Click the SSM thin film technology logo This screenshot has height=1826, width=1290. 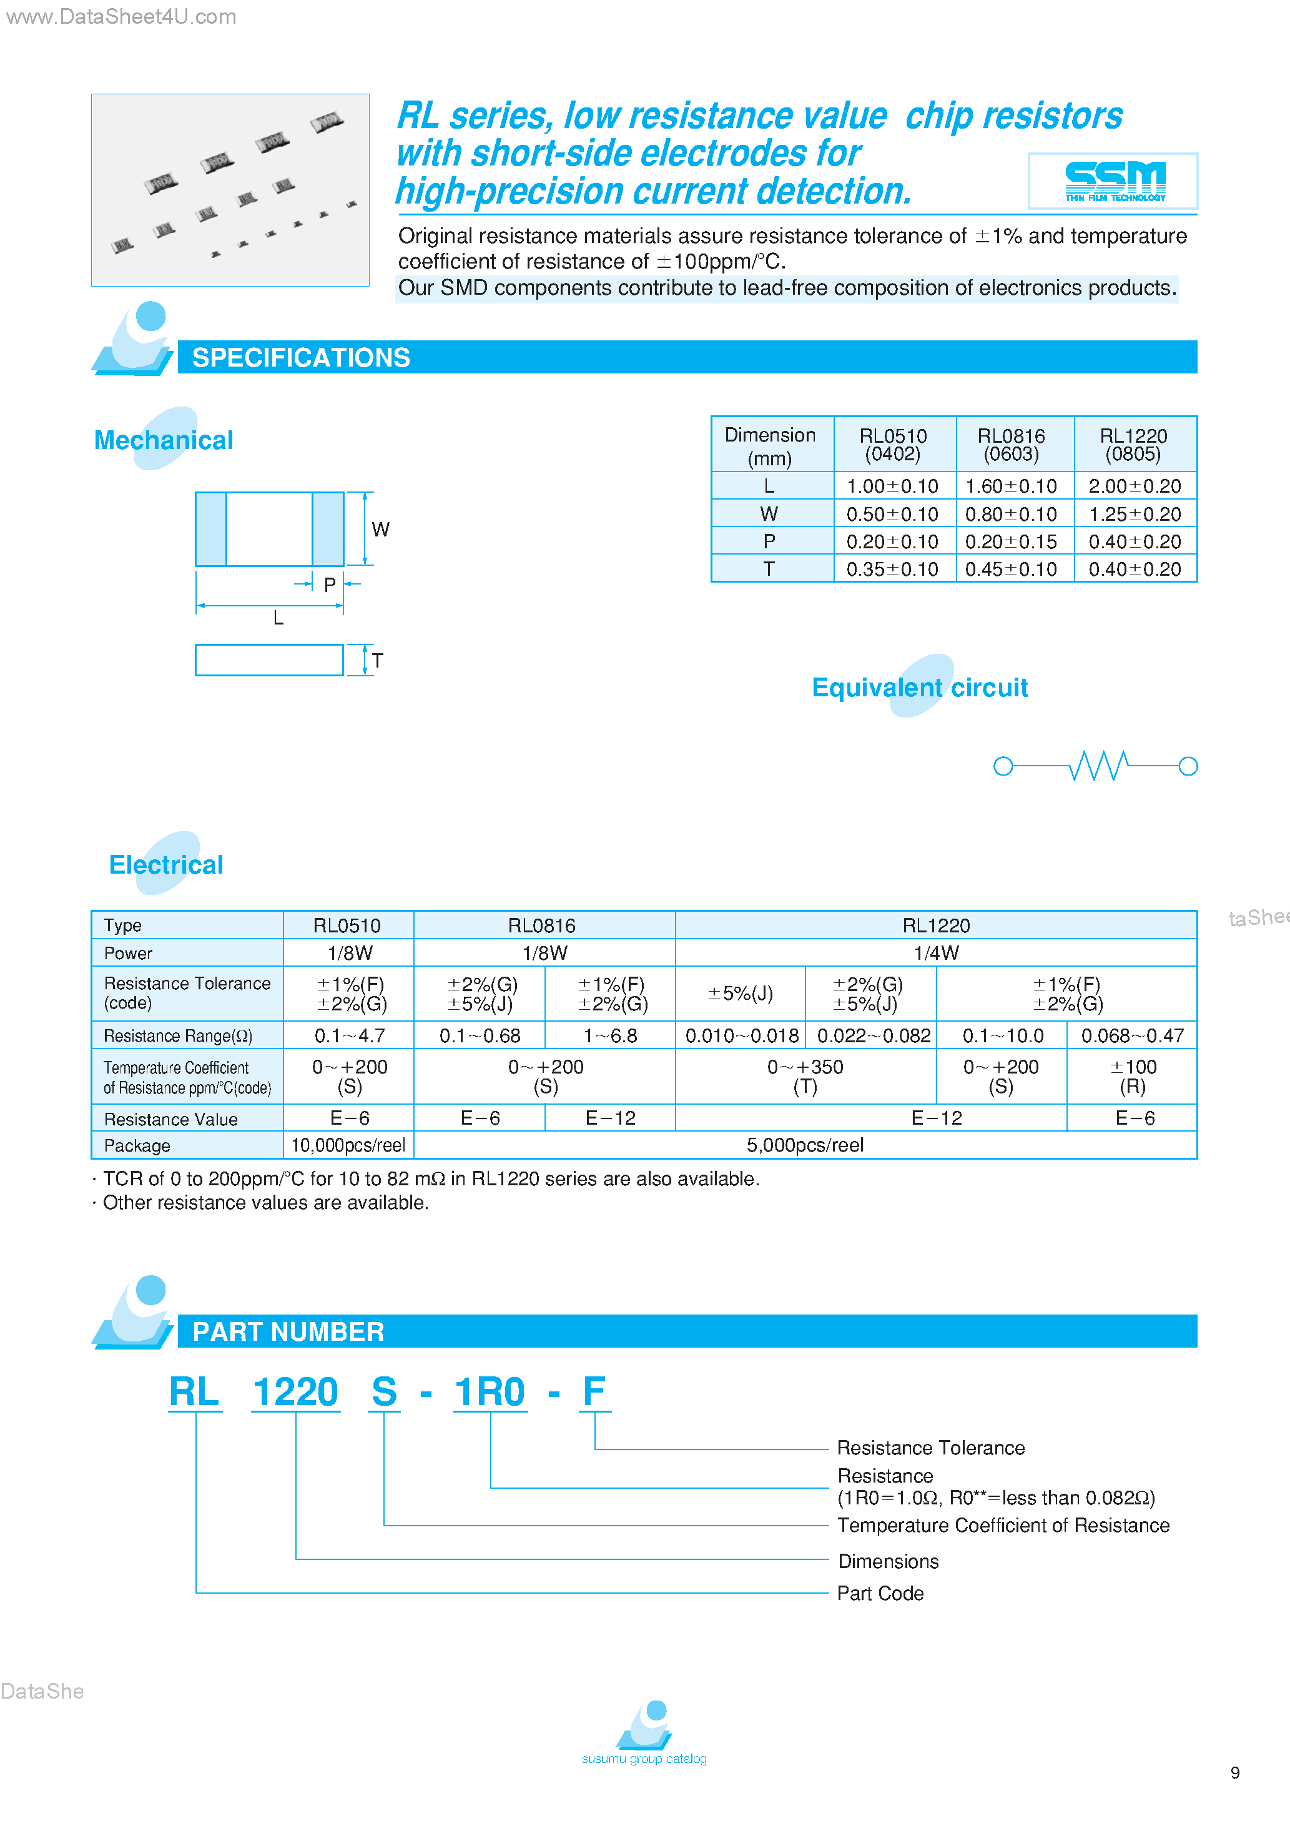[1113, 180]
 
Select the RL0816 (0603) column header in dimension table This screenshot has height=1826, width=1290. [1011, 445]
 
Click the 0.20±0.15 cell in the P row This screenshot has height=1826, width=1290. [1011, 541]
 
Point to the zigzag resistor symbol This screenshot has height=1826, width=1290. [1098, 766]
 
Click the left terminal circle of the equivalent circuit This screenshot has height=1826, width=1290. [1003, 766]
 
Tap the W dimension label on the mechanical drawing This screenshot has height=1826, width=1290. [380, 530]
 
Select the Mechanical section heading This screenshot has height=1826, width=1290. [164, 440]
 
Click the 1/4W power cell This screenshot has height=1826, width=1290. [936, 953]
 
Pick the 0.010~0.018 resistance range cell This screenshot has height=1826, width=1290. [741, 1035]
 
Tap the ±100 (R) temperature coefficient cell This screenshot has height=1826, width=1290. [1133, 1076]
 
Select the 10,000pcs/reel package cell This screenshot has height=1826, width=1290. [348, 1145]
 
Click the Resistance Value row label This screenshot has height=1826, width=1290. [170, 1119]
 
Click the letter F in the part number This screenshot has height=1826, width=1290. [593, 1392]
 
